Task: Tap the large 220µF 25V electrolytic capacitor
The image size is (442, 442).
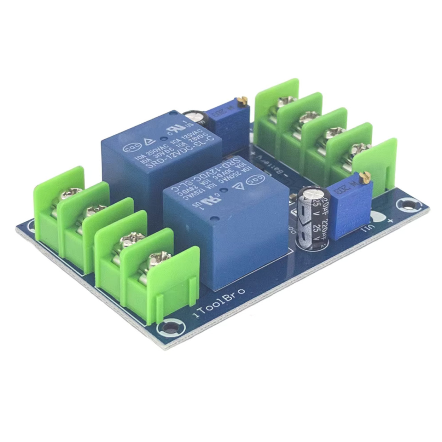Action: click(x=313, y=219)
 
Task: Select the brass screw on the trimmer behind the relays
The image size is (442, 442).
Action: click(x=242, y=101)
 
